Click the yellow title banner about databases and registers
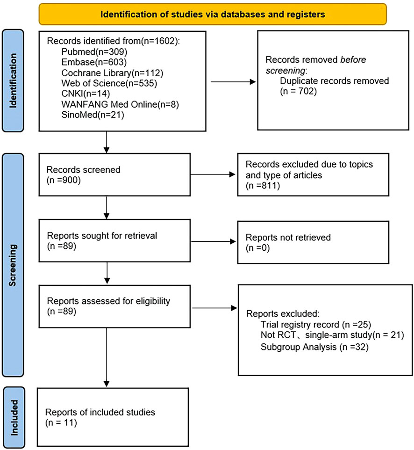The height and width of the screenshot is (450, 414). pos(213,14)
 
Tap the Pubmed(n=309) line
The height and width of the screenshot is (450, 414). pos(94,51)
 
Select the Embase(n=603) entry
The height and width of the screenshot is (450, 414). pos(94,62)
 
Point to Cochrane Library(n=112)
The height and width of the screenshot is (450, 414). pos(112,73)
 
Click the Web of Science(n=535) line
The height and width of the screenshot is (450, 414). pos(109,83)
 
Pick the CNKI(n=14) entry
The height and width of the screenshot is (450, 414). pos(86,94)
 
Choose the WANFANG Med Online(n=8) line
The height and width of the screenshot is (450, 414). pos(120,104)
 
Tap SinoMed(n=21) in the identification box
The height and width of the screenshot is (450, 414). pos(93,115)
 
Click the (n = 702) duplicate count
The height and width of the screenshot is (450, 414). pos(299,91)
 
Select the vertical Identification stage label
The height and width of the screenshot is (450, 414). pos(13,80)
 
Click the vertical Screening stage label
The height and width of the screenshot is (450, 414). pos(13,265)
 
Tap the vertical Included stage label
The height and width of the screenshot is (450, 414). pos(14,418)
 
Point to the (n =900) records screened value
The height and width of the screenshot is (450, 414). pos(64,180)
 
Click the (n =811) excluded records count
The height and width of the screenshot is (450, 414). pos(263,186)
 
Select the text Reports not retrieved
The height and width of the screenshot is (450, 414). pos(288,237)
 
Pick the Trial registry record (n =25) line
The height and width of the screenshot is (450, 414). pos(316,325)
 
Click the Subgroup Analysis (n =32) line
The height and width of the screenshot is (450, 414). pos(314,347)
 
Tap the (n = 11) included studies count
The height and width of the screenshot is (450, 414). pos(61,423)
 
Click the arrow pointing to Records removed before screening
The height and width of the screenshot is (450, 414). pos(233,82)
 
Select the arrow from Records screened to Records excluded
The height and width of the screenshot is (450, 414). pos(213,174)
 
